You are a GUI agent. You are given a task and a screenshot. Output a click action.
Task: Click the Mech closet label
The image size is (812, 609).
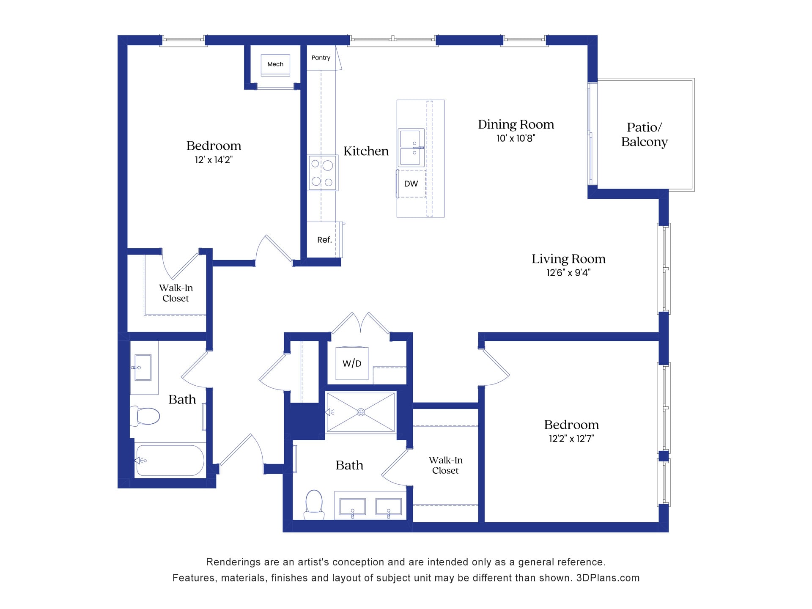point(275,64)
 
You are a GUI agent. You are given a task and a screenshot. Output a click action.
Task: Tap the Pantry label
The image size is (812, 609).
point(321,58)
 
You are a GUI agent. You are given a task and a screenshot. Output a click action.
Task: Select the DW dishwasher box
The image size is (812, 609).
point(411,184)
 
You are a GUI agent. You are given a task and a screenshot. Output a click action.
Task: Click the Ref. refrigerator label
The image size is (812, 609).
point(324,240)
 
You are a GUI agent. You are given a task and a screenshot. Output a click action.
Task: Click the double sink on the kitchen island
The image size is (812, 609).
point(411,148)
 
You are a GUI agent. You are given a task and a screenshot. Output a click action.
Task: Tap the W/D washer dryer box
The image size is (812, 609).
point(352,363)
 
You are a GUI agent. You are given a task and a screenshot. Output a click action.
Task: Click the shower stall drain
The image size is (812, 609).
point(361,412)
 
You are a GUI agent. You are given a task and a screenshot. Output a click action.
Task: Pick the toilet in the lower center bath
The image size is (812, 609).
point(314,503)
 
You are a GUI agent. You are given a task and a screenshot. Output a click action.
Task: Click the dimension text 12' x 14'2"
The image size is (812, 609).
point(214,160)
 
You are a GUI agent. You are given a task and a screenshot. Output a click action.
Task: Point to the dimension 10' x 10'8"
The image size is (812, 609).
point(516,138)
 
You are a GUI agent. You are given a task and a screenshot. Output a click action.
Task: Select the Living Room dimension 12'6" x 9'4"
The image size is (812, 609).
point(568,273)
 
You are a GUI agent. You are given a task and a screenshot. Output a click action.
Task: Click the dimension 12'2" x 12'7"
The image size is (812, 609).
point(571,439)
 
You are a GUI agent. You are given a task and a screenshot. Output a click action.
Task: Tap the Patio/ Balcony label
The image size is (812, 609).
point(644,134)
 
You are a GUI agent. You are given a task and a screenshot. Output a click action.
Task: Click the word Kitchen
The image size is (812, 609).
point(366,151)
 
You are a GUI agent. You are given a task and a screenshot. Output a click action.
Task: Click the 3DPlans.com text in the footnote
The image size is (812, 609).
point(608,578)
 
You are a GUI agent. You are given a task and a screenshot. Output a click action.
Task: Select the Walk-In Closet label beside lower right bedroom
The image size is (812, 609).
point(445,465)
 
